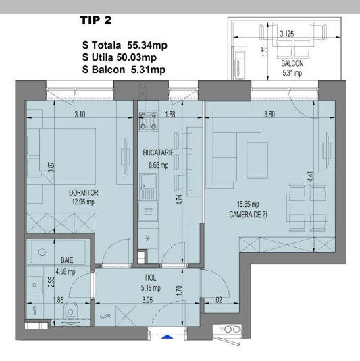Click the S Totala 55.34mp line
[124, 46]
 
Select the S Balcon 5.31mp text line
[124, 69]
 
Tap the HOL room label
[151, 277]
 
